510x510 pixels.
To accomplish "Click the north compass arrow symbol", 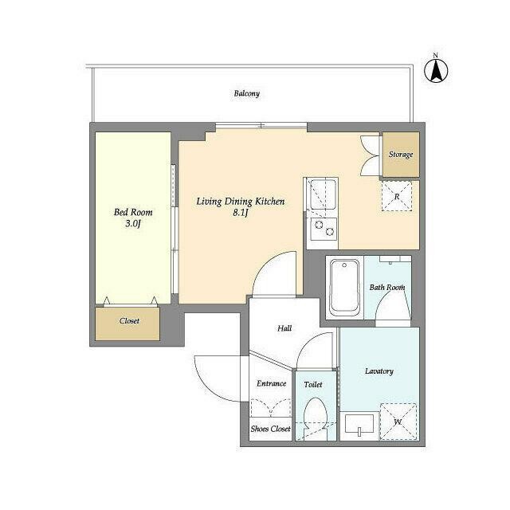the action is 436,71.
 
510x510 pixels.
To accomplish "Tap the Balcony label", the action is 247,94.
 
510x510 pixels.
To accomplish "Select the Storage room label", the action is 401,154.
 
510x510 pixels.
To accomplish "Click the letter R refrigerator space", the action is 397,197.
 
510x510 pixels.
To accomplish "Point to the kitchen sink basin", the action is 323,194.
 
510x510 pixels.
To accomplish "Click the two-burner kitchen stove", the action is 324,229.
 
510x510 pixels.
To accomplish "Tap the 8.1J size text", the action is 241,213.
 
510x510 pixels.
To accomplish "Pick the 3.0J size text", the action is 133,223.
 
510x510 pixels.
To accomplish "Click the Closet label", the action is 129,320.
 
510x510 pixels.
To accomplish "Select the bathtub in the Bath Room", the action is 345,288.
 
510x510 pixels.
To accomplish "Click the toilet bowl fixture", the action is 316,418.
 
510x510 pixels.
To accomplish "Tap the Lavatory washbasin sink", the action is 359,424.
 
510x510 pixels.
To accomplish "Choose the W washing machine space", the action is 398,422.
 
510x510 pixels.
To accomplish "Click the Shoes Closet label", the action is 270,429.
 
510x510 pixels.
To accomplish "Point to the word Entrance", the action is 271,383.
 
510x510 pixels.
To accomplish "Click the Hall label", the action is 284,328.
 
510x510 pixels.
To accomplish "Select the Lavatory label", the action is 379,371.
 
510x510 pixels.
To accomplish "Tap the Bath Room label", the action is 387,287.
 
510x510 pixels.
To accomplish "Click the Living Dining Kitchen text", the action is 241,202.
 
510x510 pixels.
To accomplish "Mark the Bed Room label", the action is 133,213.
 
